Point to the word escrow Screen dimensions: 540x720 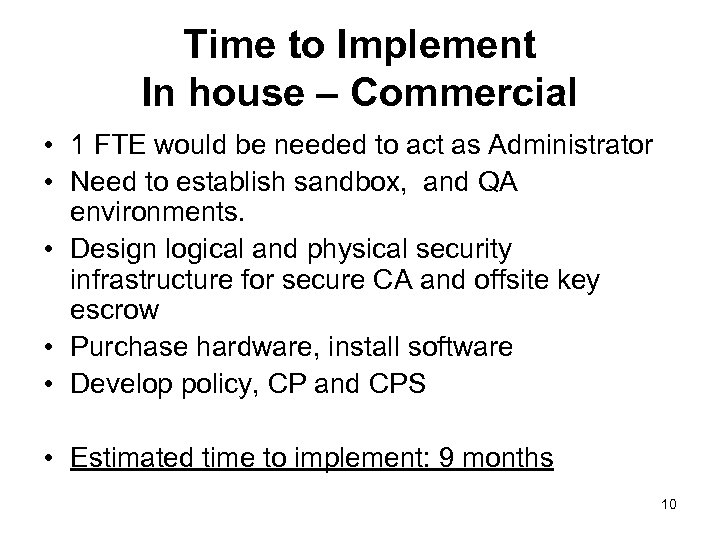(114, 310)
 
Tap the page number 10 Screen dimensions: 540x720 (669, 504)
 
